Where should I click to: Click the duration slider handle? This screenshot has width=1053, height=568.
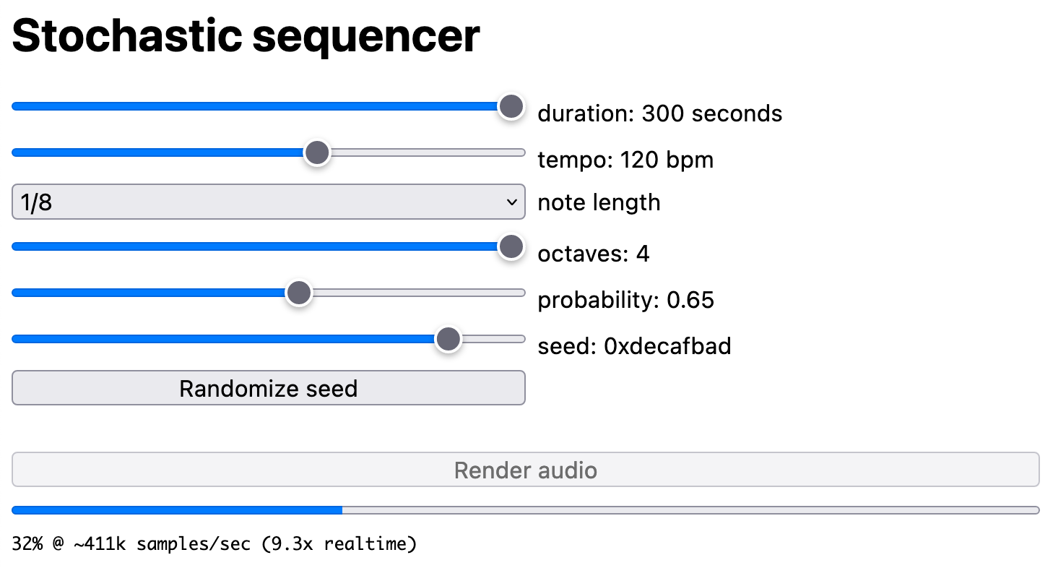coord(511,107)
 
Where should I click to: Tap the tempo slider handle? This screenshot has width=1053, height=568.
coord(316,153)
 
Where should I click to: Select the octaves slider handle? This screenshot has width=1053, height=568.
coord(511,246)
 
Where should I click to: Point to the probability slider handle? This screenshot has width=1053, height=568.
coord(298,293)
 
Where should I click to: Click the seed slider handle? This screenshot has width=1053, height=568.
coord(448,339)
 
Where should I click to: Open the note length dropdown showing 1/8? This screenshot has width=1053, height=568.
coord(268,202)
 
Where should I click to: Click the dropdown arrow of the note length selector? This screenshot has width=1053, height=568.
coord(512,202)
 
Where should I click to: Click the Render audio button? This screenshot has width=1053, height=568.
coord(525,470)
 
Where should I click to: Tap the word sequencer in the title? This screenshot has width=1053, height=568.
coord(365,35)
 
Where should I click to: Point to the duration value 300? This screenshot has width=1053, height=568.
coord(662,113)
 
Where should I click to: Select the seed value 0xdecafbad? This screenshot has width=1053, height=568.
coord(667,346)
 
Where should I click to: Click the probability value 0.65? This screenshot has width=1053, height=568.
coord(690,300)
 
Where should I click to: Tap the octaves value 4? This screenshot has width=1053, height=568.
coord(642,254)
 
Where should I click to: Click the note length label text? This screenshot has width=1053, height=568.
coord(599,202)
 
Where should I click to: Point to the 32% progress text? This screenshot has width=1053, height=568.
coord(27,543)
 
